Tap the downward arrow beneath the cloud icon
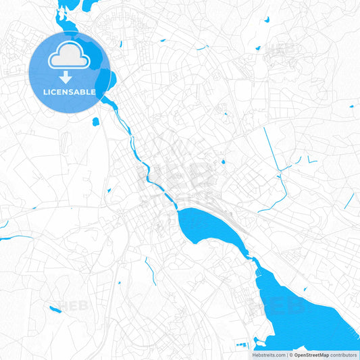pyautogui.click(x=65, y=78)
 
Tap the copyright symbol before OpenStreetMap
pyautogui.click(x=290, y=355)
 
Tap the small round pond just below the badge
pyautogui.click(x=95, y=122)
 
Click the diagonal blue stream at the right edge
pyautogui.click(x=349, y=200)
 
